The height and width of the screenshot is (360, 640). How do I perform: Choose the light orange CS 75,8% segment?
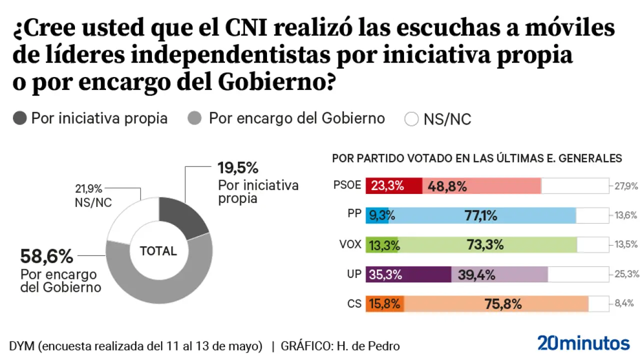496,303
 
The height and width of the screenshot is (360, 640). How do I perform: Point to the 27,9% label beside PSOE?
624,186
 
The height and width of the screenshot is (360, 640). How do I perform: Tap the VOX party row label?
350,245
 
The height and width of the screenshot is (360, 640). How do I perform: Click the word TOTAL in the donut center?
158,251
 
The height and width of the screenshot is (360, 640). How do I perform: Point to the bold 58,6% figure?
46,256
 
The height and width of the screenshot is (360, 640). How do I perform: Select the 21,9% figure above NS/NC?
88,189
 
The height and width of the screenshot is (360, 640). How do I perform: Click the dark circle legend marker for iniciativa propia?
20,119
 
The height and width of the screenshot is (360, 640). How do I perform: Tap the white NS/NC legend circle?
411,119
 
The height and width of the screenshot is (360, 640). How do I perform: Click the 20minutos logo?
583,343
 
